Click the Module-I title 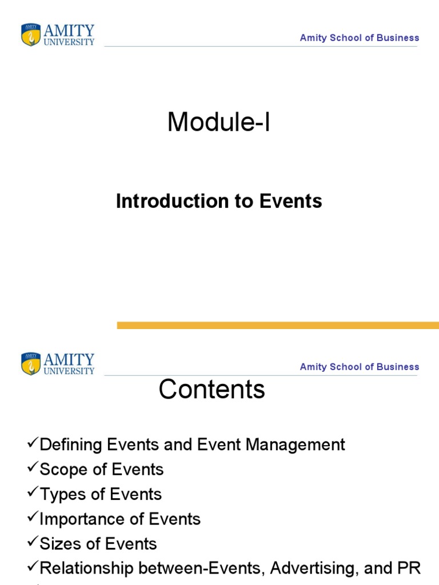[218, 123]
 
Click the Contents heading [211, 390]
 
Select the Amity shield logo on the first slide [31, 35]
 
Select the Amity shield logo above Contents [31, 364]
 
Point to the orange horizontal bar [278, 325]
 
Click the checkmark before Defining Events [33, 443]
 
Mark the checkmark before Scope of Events [33, 468]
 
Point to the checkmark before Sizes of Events [33, 543]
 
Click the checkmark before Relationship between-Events [33, 567]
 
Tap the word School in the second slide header [348, 367]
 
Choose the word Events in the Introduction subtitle [291, 201]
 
